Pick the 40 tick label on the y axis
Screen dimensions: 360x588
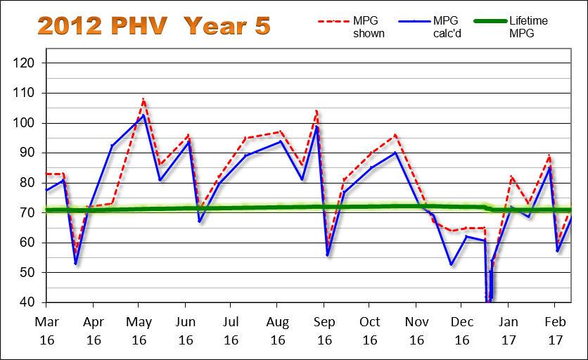(x=28, y=302)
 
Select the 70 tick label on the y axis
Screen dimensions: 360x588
(x=28, y=212)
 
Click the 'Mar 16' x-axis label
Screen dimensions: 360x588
(x=46, y=329)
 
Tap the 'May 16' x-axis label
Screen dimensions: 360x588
(x=139, y=329)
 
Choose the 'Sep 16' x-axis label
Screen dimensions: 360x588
(x=324, y=329)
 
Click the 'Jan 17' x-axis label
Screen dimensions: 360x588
(x=509, y=329)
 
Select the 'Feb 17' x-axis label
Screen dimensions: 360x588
(x=555, y=329)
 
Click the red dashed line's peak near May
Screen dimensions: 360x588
(x=143, y=99)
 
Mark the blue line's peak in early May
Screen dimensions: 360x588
(x=143, y=115)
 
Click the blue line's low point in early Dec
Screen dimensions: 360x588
(x=452, y=264)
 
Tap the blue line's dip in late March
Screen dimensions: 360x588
(x=75, y=264)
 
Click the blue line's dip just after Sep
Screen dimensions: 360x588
(x=328, y=255)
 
